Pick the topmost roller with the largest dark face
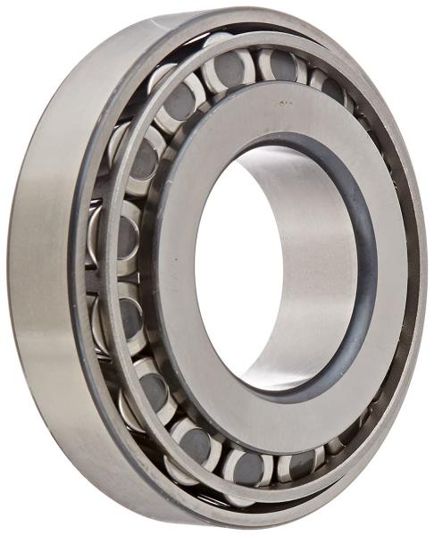230,70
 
